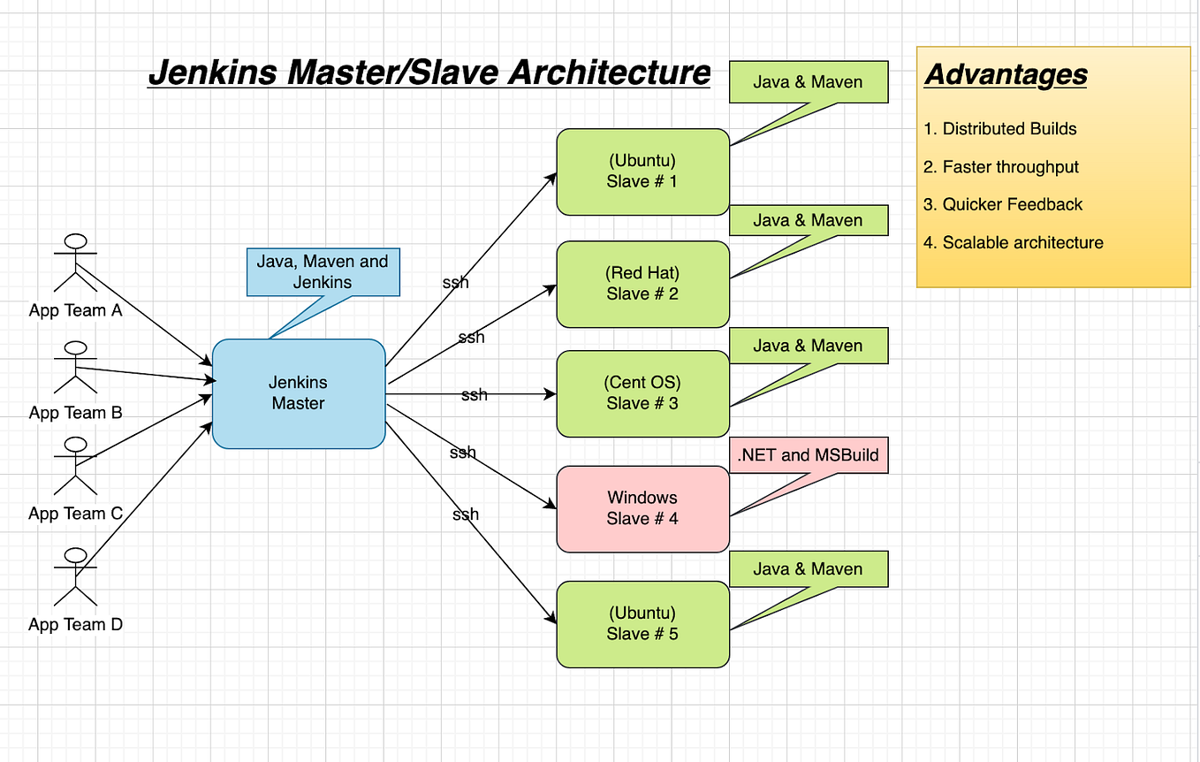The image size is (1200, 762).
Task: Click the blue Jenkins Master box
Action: click(299, 393)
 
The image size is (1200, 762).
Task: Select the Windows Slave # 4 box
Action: click(642, 508)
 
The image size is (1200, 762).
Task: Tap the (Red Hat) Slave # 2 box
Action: click(642, 284)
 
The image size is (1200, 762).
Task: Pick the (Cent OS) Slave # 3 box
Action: click(642, 393)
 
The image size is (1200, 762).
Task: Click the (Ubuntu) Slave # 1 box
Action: click(642, 171)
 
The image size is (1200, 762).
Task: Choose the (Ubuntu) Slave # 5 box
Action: click(642, 623)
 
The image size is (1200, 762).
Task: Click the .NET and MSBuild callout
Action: click(808, 455)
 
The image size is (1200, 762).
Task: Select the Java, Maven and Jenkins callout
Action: click(323, 272)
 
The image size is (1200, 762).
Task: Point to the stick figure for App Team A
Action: click(76, 263)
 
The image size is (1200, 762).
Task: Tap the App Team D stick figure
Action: click(76, 576)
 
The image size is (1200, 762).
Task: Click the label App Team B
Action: click(76, 413)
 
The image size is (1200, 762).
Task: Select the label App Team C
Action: click(76, 514)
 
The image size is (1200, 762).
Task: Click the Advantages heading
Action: click(1006, 75)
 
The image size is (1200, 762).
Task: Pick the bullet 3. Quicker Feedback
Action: click(1003, 204)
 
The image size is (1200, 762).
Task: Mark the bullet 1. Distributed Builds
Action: click(1000, 129)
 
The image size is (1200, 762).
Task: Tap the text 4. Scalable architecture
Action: click(1014, 242)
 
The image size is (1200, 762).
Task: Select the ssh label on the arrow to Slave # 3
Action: click(474, 395)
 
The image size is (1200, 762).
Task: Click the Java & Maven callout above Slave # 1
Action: click(808, 82)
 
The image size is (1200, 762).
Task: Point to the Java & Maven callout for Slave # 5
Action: click(808, 569)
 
